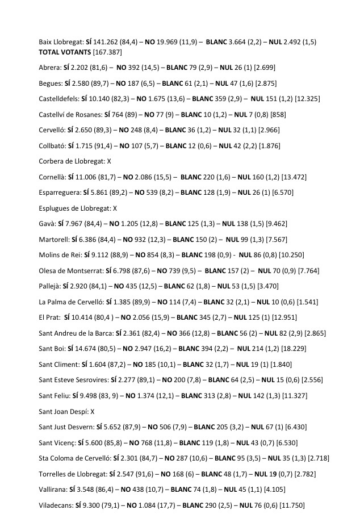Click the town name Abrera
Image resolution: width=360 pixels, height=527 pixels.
[x=49, y=68]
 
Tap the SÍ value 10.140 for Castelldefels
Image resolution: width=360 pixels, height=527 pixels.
[x=102, y=99]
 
